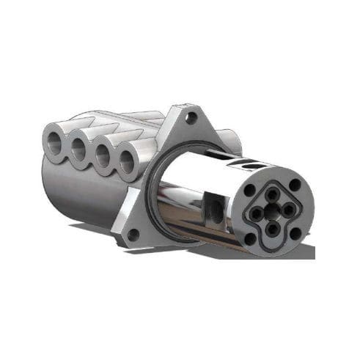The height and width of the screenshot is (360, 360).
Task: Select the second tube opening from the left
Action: (79, 147)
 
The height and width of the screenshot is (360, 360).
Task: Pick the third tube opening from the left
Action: (103, 155)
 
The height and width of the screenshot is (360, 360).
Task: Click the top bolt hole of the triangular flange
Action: (193, 117)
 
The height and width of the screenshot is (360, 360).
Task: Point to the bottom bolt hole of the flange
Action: (133, 234)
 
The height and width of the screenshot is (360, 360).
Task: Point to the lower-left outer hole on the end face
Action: (250, 238)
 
